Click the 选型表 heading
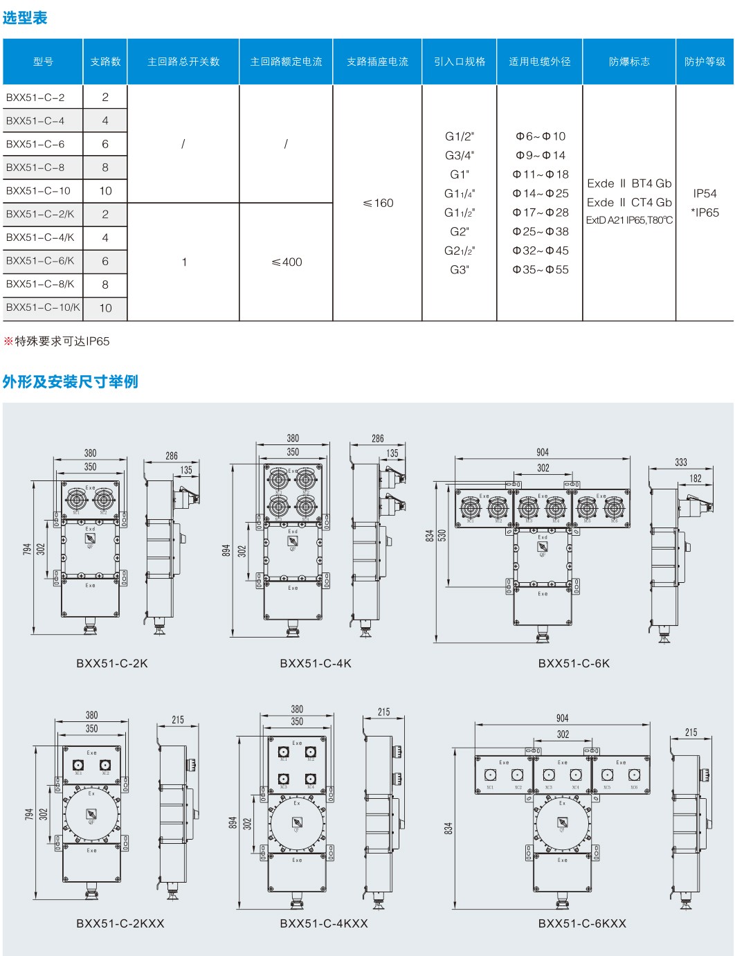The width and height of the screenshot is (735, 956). coord(25,18)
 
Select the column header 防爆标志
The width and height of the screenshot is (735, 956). coord(629,62)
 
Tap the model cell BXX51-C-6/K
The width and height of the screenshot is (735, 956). coord(40,261)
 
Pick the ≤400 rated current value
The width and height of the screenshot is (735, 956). coord(287,262)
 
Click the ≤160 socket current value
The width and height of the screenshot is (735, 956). coord(378,203)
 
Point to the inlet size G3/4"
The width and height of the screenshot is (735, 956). coord(460,155)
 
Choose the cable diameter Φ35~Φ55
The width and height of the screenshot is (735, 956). coord(541,269)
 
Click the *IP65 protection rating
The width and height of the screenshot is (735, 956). coord(705,213)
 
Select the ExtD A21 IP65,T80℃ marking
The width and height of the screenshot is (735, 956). coord(629,220)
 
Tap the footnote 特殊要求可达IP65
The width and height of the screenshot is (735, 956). coord(62,341)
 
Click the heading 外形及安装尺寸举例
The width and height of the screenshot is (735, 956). coord(70,381)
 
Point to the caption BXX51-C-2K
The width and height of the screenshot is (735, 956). coord(112,663)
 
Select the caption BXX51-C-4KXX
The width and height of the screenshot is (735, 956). coord(324,923)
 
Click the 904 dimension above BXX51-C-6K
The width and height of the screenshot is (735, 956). coord(543,452)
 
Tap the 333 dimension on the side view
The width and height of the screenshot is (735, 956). coord(681,462)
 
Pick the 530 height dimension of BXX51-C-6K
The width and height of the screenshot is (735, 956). coord(442,535)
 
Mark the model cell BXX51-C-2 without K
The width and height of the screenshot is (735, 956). coord(35,98)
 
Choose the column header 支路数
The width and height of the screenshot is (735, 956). coord(105,62)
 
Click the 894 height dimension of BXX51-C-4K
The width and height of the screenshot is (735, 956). coord(226,550)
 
